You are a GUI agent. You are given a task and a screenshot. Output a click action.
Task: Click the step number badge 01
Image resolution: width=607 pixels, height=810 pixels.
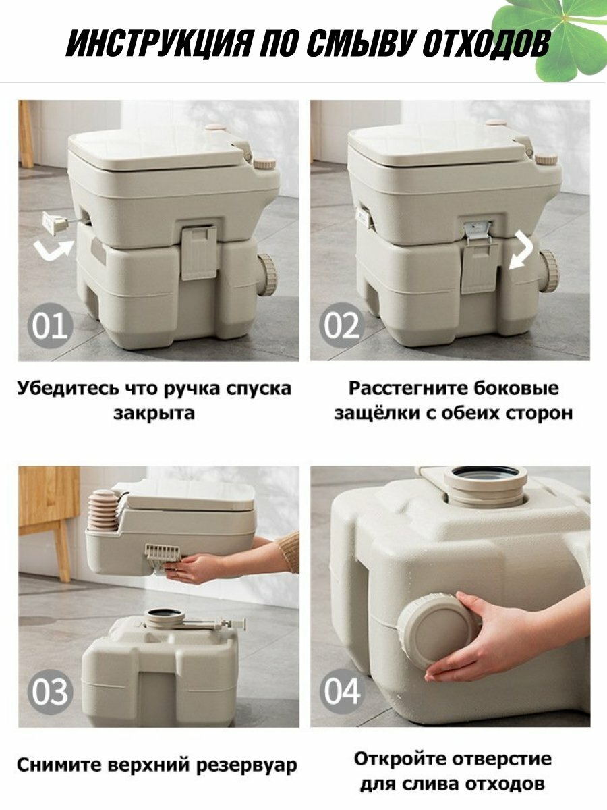(x=51, y=326)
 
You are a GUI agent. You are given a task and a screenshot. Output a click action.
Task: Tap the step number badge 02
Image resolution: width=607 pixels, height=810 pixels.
(x=342, y=326)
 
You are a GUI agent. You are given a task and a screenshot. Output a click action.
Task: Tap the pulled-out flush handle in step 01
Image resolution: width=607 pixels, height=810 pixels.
(x=55, y=223)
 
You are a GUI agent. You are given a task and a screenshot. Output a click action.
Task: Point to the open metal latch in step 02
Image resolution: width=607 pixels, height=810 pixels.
(x=479, y=232)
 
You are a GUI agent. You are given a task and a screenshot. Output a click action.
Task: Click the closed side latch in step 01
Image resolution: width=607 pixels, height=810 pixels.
(x=199, y=252)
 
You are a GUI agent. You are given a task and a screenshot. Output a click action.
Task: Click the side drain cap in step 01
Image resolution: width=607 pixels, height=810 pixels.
(x=267, y=275)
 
